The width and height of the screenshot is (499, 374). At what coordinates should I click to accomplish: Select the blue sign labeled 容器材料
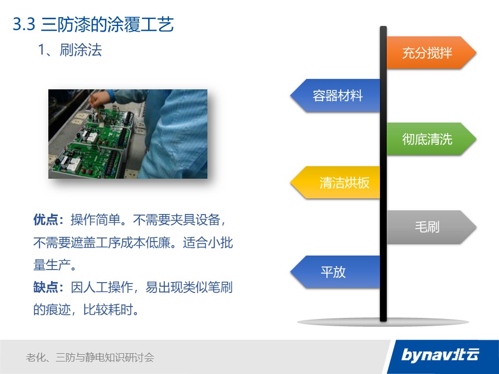click(335, 96)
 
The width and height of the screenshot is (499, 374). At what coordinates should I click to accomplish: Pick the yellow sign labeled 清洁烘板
click(335, 182)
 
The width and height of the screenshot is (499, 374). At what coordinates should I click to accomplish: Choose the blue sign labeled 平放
click(335, 272)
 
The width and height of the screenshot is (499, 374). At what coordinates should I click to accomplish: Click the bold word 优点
click(46, 220)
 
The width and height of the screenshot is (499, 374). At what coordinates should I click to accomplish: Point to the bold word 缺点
click(46, 287)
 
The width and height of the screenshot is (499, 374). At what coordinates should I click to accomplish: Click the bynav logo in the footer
click(440, 355)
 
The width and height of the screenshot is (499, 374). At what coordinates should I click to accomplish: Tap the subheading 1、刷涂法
click(70, 50)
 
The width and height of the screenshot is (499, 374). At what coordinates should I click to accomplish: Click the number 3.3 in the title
click(24, 24)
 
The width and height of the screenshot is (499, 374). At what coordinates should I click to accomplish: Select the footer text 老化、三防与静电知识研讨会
click(90, 357)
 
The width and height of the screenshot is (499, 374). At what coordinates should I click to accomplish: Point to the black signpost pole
click(383, 173)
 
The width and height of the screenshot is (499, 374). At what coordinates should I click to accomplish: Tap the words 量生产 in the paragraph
click(52, 265)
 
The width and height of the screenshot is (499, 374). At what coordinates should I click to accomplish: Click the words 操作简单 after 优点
click(96, 220)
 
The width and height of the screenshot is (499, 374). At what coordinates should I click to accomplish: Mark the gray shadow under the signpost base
click(383, 322)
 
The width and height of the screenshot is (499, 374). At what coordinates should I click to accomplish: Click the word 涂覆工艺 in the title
click(140, 24)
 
